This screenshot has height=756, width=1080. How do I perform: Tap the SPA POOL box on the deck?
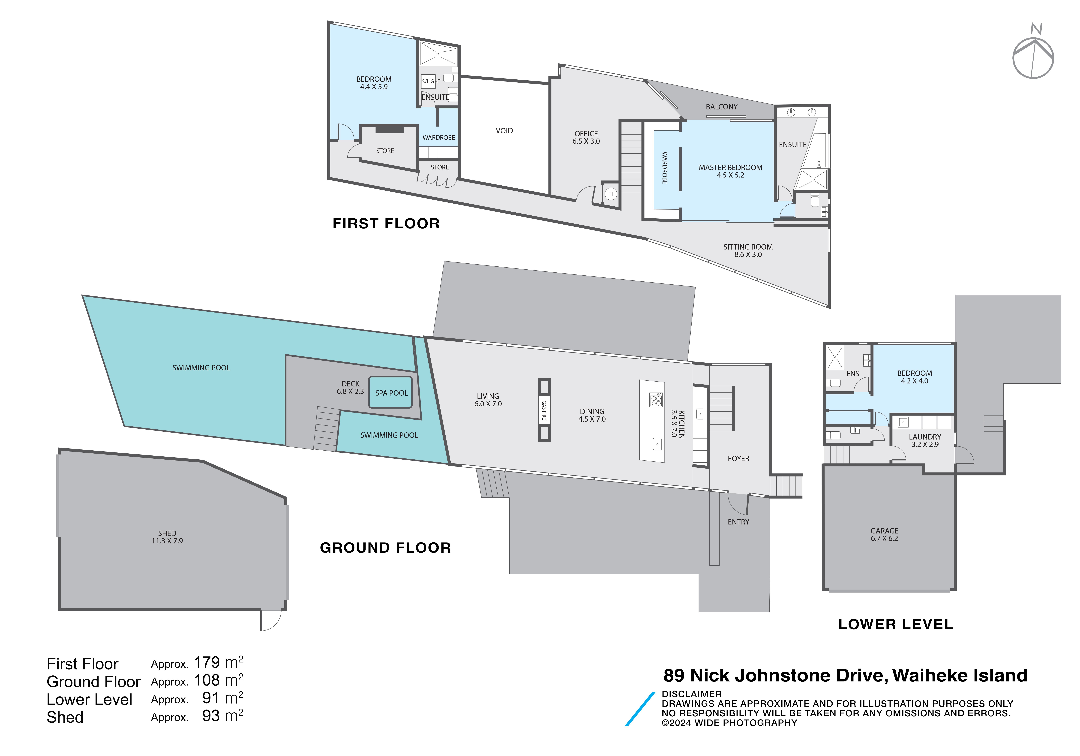coord(390,392)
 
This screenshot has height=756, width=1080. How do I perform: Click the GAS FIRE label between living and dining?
coord(544,410)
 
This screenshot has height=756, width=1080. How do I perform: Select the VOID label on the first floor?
coord(504,131)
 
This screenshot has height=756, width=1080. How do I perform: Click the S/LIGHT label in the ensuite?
coord(431,81)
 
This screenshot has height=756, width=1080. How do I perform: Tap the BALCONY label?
coord(722,107)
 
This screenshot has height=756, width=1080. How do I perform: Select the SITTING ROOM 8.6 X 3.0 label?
coord(748,250)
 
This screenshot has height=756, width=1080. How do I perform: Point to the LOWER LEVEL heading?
coord(896,624)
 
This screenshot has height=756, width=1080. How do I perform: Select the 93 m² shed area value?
coord(222,716)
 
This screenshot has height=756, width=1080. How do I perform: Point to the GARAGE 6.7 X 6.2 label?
coord(884,534)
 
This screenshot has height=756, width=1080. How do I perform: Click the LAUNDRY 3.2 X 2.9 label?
coord(925,440)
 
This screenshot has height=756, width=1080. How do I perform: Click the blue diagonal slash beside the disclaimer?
coord(640,709)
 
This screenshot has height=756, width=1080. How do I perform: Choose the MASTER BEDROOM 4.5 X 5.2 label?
coord(731,171)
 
